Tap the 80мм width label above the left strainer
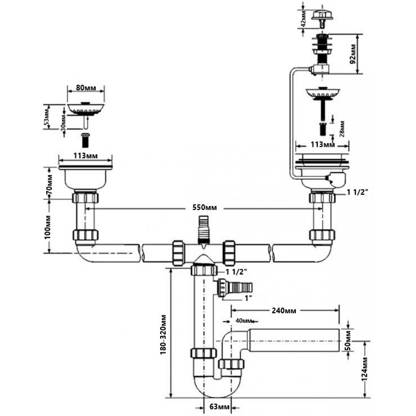[85, 89]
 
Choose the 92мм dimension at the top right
[353, 54]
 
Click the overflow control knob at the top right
[321, 15]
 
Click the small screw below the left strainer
[86, 139]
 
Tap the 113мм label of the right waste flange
[322, 145]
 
